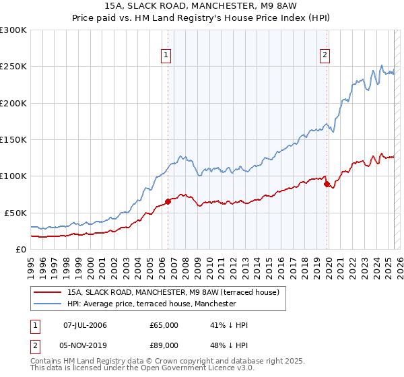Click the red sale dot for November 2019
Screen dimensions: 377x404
(327, 184)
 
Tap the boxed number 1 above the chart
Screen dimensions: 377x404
(166, 56)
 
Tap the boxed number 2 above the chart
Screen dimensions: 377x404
(325, 56)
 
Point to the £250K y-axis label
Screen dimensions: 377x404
(13, 67)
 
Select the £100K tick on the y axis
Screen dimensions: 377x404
(13, 176)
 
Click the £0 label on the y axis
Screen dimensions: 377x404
(20, 249)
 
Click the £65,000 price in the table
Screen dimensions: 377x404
(164, 325)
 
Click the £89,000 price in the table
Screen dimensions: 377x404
(164, 347)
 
